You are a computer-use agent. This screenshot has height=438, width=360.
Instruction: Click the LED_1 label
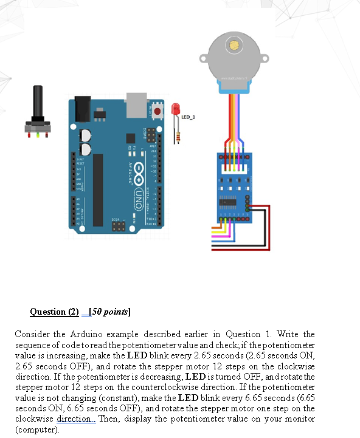click(x=188, y=117)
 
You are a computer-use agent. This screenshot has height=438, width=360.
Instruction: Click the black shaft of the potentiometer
click(x=38, y=103)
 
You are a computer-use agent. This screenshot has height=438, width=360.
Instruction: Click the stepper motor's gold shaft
click(x=234, y=44)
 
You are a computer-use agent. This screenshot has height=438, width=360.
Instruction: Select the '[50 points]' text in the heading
click(x=110, y=312)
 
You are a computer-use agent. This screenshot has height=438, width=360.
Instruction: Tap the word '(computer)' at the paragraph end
click(x=36, y=429)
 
